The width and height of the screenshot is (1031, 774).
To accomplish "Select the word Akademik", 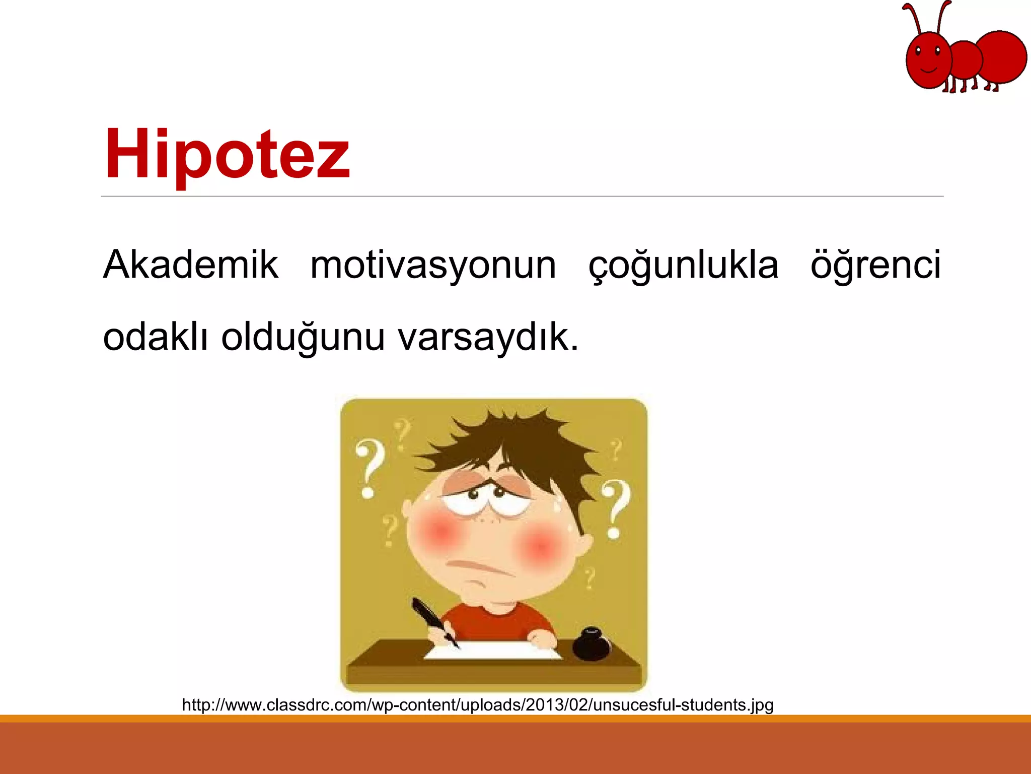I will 190,265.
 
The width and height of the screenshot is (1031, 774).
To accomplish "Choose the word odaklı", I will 155,337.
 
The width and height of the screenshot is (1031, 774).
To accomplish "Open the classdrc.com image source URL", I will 477,704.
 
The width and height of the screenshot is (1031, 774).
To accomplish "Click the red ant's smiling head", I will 928,60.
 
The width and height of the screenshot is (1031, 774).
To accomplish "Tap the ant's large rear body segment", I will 1002,56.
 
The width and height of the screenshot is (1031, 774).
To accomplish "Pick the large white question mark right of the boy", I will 615,506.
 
